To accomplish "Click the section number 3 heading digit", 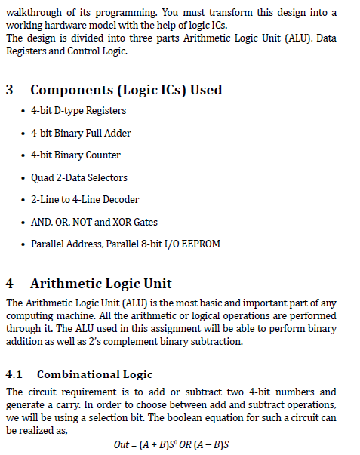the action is (x=9, y=90).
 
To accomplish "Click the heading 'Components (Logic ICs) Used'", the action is (x=126, y=90).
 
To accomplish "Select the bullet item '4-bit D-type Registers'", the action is (x=78, y=111).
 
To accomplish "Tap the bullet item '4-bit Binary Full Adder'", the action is (x=81, y=133).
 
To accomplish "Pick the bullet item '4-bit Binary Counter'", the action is (x=75, y=155).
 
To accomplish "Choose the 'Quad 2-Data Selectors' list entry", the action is (x=79, y=177).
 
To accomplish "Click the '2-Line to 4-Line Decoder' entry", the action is (x=85, y=200).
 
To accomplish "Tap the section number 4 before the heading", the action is (x=9, y=284).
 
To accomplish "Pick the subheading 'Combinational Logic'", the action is (x=94, y=374).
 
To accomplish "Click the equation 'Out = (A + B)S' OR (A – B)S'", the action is (x=171, y=445).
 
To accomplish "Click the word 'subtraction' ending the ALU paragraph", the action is (x=217, y=340).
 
